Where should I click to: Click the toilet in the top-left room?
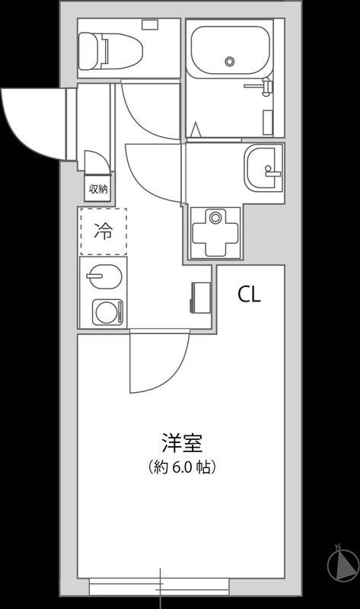[x=110, y=50]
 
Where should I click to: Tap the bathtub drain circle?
[x=230, y=61]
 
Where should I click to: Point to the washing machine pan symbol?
[x=215, y=233]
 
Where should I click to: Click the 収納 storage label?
[x=98, y=190]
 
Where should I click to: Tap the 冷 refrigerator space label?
[x=104, y=231]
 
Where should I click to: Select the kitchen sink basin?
[x=104, y=276]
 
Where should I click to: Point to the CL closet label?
[x=249, y=295]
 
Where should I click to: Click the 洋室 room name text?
[x=182, y=442]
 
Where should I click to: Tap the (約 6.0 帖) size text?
[x=182, y=467]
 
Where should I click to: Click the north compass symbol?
[x=343, y=564]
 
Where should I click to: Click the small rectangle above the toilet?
[x=150, y=24]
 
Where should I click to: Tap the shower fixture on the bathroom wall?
[x=261, y=86]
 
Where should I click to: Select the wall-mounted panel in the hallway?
[x=200, y=297]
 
